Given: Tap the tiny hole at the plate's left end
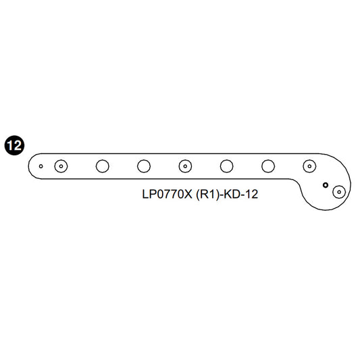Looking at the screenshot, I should (x=41, y=165).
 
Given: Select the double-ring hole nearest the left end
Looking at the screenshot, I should (x=61, y=165).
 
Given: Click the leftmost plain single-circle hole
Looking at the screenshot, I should (x=103, y=165).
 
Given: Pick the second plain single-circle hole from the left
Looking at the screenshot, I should (x=143, y=165).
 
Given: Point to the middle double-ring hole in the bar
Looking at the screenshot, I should (x=185, y=165).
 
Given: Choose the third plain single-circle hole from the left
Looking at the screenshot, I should (x=227, y=165).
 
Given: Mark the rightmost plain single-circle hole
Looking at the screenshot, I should (x=268, y=165).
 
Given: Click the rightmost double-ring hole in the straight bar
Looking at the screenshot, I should (x=309, y=165).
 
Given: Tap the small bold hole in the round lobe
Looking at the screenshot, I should (x=325, y=184).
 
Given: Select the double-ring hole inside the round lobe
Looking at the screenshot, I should (x=339, y=192).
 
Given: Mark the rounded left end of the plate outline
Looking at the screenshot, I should (x=28, y=165).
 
